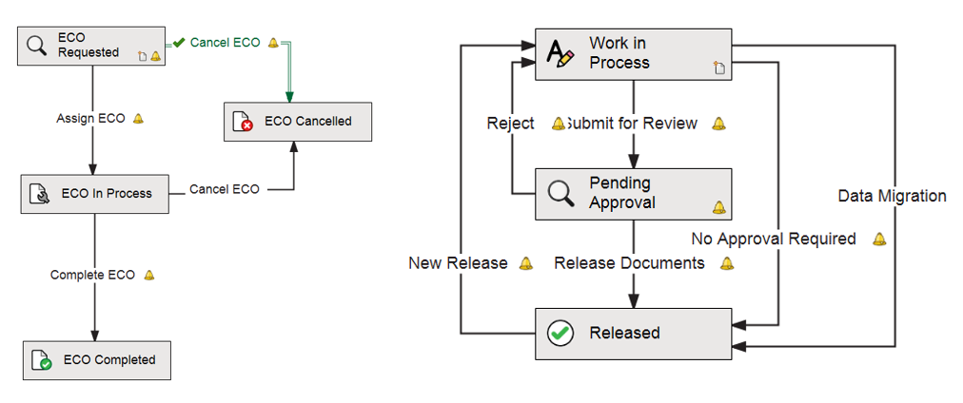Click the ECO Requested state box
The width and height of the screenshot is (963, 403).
(90, 46)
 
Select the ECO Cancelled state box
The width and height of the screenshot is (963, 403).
(297, 122)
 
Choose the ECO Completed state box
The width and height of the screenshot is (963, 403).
(97, 360)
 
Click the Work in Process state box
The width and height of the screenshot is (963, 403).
(633, 54)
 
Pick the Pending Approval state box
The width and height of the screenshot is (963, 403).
(633, 193)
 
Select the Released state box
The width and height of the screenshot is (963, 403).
(633, 333)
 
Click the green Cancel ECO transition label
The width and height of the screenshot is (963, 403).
(225, 43)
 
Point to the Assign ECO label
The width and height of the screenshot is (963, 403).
(90, 119)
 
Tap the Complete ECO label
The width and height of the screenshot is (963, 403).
(92, 275)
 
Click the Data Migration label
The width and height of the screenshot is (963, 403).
(892, 196)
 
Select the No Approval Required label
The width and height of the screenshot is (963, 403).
(773, 239)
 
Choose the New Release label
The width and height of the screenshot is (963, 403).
(458, 263)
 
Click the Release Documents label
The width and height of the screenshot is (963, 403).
(629, 263)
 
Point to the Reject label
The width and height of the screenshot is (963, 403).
(510, 124)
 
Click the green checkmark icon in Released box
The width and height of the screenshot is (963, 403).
(560, 333)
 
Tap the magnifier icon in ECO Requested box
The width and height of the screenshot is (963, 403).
(36, 46)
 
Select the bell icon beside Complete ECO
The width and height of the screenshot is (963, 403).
(148, 276)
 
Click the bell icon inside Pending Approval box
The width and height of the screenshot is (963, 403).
(718, 207)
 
